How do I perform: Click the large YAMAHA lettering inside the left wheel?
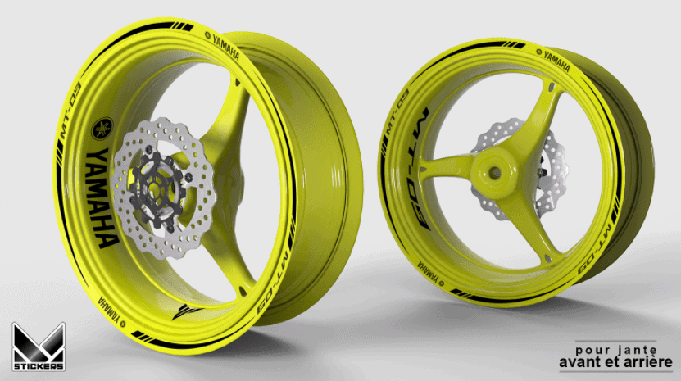click(102, 198)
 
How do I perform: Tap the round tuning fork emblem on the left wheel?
click(102, 129)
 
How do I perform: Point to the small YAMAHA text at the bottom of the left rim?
click(110, 312)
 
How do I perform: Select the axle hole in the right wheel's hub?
click(495, 172)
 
